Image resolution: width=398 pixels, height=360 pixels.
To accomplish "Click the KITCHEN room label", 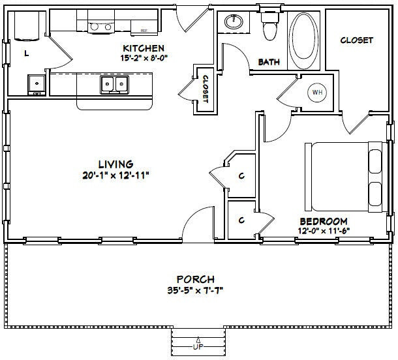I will click(144, 48).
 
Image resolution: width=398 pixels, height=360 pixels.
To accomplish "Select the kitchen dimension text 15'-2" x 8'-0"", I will click(144, 57).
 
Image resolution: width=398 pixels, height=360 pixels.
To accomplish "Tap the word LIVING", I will click(115, 164).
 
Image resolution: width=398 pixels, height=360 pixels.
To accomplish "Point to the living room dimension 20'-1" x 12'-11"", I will click(115, 174).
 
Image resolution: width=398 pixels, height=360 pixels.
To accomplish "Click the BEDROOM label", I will click(324, 221).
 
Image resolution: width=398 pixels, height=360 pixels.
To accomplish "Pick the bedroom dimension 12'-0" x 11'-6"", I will click(324, 230).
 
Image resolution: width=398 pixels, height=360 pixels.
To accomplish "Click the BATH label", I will click(269, 63).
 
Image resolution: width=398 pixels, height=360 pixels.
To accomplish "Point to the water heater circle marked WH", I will click(318, 93).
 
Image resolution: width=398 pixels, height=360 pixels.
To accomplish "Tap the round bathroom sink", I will click(233, 22).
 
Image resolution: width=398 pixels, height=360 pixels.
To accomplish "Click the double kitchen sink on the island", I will click(113, 84).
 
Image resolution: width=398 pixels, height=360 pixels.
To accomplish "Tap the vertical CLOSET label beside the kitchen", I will click(204, 89).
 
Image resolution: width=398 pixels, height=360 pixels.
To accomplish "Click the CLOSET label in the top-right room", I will click(356, 40).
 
